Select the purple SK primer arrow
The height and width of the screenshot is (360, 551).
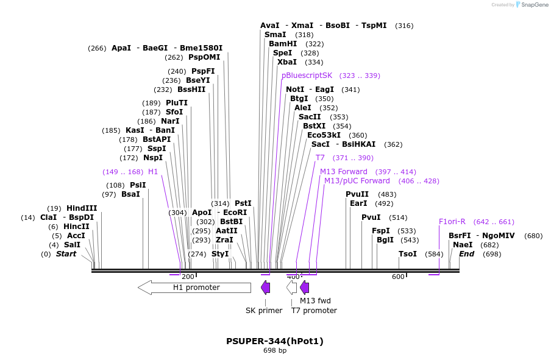point(265,288)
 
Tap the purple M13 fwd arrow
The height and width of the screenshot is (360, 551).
point(305,288)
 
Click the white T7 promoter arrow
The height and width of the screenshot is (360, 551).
point(292,288)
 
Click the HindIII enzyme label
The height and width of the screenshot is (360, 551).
point(82,208)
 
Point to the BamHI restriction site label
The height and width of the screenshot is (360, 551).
point(283,44)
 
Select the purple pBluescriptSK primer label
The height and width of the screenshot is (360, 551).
point(307,76)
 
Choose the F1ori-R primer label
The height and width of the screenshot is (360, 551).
point(452,222)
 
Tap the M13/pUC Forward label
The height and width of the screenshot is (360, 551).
point(357,181)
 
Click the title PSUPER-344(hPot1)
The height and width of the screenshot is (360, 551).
point(275,341)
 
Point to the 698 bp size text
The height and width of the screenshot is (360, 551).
point(275,351)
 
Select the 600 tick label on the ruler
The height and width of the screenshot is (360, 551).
point(398,277)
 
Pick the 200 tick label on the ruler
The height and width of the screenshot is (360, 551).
point(188,277)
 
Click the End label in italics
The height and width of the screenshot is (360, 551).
point(466,254)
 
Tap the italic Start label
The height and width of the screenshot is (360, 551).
point(66,254)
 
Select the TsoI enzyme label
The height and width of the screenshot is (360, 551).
point(408,254)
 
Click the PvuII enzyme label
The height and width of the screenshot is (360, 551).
point(357,194)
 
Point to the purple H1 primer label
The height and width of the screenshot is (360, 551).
point(153,172)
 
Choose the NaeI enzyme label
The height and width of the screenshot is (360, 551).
point(458,245)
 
